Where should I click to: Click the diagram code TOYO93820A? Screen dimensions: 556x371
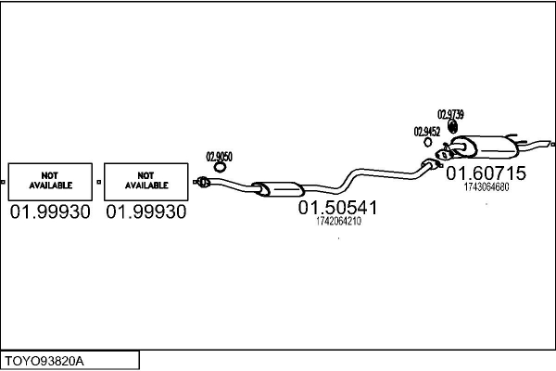pyautogui.click(x=44, y=361)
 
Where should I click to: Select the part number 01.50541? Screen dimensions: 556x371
pyautogui.click(x=337, y=208)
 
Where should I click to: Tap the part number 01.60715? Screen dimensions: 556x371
pyautogui.click(x=486, y=173)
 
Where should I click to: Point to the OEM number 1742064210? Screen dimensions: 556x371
pyautogui.click(x=338, y=221)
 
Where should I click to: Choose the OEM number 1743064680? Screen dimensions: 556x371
pyautogui.click(x=486, y=186)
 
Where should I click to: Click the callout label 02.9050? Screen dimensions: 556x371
pyautogui.click(x=219, y=157)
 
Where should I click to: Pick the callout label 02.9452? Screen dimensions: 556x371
pyautogui.click(x=427, y=132)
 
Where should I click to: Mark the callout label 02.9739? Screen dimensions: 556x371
pyautogui.click(x=450, y=114)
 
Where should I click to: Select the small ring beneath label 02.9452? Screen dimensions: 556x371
pyautogui.click(x=428, y=142)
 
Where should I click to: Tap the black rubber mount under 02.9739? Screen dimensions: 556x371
pyautogui.click(x=452, y=127)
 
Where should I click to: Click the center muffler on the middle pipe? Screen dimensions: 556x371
pyautogui.click(x=278, y=188)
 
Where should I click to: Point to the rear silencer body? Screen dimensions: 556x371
pyautogui.click(x=485, y=147)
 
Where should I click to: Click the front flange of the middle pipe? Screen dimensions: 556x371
pyautogui.click(x=202, y=182)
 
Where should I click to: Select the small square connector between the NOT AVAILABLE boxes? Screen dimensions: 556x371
pyautogui.click(x=98, y=182)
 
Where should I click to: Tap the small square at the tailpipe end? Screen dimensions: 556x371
pyautogui.click(x=553, y=144)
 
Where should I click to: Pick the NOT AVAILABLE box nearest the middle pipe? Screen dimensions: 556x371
pyautogui.click(x=146, y=182)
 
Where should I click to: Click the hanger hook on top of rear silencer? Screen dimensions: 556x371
pyautogui.click(x=512, y=136)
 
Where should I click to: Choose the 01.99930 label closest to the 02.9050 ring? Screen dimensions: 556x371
pyautogui.click(x=146, y=212)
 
